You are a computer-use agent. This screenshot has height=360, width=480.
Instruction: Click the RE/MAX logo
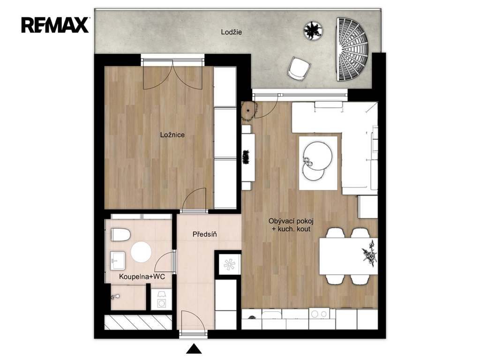point(55,25)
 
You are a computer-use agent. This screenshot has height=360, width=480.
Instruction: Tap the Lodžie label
point(232,32)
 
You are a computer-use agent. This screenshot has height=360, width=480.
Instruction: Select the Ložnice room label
point(172,135)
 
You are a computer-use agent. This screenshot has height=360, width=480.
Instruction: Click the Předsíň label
point(205,234)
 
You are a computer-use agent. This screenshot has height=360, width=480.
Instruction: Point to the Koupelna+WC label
point(142,277)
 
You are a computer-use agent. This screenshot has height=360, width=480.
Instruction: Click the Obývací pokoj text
point(291,221)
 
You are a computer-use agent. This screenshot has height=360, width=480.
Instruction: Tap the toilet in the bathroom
point(120,234)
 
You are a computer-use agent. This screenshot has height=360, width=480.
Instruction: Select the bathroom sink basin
point(118,261)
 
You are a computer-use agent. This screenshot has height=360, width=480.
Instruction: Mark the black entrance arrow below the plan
point(194,349)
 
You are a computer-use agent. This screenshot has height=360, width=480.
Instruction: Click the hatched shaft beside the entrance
point(138,322)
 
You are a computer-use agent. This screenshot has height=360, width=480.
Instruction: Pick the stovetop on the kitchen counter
point(319,314)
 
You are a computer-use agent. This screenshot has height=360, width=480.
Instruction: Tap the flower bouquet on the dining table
point(369,254)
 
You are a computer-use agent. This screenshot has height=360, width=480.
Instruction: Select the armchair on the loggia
point(299,69)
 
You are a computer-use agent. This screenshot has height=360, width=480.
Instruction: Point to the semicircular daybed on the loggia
point(352,49)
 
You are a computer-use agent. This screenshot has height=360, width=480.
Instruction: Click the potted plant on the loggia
point(313,30)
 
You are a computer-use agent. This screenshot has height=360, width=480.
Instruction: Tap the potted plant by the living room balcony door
point(249,111)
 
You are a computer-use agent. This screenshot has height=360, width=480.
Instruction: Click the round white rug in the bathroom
point(141,252)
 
